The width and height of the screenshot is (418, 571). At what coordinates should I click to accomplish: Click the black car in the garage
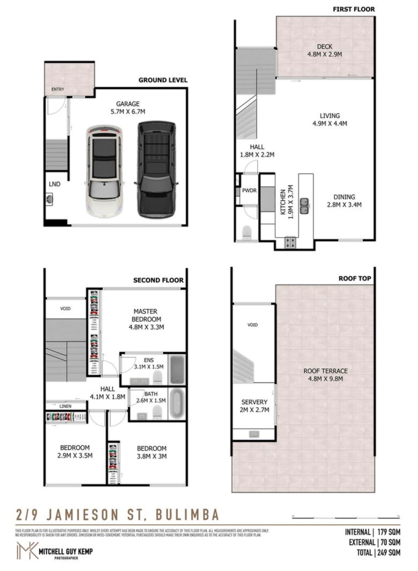tap(156, 169)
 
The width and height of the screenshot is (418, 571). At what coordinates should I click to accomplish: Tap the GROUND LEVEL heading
tap(163, 80)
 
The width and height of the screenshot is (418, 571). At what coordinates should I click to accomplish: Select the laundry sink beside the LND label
tap(49, 199)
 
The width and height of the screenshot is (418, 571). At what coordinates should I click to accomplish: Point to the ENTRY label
tap(58, 89)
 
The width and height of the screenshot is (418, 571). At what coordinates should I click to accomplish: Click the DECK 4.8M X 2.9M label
tap(324, 50)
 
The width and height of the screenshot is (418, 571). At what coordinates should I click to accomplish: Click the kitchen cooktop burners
tap(290, 243)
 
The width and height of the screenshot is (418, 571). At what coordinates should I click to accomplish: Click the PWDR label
tap(249, 191)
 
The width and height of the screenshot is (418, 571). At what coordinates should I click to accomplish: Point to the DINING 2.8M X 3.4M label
tap(344, 201)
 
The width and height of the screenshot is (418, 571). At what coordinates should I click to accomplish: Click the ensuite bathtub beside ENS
tap(176, 370)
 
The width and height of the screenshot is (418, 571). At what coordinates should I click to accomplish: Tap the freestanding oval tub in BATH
tap(176, 403)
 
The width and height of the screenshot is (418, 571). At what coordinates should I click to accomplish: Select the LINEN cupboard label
tap(65, 406)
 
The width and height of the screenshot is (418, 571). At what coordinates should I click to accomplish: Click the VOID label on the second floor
tap(65, 308)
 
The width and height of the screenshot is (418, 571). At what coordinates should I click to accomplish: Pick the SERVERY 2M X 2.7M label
tap(254, 406)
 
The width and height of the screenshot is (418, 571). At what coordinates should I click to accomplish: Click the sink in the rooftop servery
tap(254, 434)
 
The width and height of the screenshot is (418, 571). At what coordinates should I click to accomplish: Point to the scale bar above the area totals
tap(345, 517)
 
